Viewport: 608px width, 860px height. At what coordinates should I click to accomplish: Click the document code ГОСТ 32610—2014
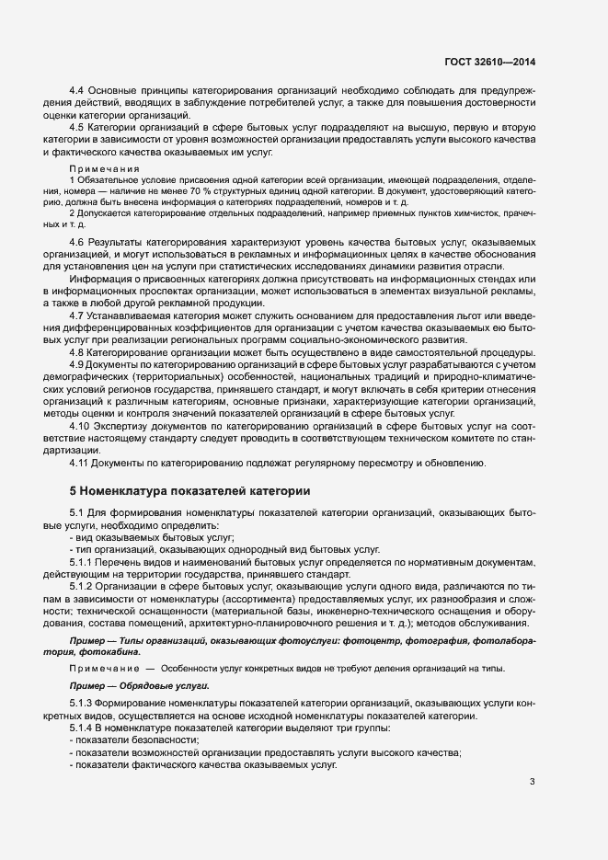coord(487,63)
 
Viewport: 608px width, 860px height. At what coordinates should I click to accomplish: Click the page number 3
coord(532,783)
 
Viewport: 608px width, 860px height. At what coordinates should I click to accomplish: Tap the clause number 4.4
coord(77,90)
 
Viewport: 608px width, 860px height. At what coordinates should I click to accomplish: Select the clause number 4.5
coord(77,126)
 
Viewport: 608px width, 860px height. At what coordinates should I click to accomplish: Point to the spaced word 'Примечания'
coord(104,168)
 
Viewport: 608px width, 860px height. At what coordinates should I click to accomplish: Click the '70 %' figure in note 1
coord(228,189)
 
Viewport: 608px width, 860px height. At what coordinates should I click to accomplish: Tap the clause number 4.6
coord(77,241)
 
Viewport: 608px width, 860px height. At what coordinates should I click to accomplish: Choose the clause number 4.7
coord(77,315)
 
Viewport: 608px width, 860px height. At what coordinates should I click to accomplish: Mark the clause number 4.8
coord(77,352)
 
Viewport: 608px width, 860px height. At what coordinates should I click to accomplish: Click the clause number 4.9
coord(77,364)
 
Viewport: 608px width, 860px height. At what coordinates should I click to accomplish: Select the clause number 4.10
coord(80,426)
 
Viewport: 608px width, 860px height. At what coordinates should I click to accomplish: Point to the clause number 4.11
coord(80,463)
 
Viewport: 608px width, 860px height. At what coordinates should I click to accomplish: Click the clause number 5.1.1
coord(83,561)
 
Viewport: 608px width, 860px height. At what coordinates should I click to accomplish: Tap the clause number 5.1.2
coord(83,585)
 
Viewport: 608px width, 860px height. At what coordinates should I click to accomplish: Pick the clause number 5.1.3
coord(83,705)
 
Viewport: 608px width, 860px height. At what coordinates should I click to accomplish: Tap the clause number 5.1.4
coord(83,728)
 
